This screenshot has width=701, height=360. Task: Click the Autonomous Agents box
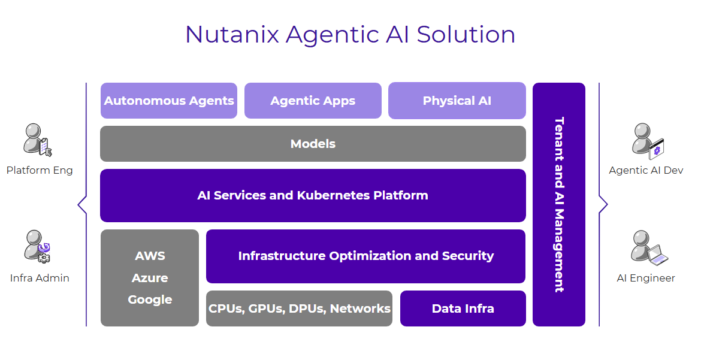pos(169,101)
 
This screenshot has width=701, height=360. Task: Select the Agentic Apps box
pos(313,101)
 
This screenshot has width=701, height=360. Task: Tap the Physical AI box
pos(457,101)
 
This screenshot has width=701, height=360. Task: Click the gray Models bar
pos(313,144)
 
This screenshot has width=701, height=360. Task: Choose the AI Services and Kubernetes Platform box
pos(313,195)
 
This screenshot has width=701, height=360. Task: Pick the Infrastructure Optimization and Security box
pos(365,256)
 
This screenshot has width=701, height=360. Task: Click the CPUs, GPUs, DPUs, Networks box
pos(299,308)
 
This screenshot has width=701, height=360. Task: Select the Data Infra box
pos(463,308)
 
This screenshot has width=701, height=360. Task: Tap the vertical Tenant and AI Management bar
pos(558,204)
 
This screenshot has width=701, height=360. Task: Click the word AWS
pos(150,256)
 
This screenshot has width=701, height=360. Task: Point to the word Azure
pos(150,278)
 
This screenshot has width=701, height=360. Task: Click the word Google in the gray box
pos(150,300)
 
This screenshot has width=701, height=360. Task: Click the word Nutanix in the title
pos(232,34)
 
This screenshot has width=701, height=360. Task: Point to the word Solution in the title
pos(466,34)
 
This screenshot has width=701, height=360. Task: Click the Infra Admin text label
pos(40,278)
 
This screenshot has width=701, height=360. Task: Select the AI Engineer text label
pos(646,278)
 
